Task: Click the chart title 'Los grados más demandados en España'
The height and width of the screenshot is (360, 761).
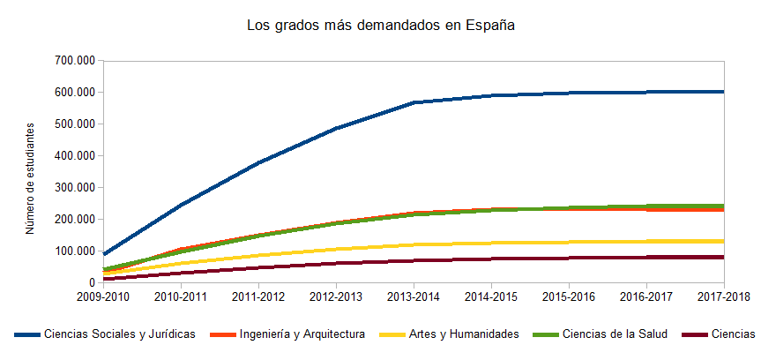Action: pyautogui.click(x=380, y=26)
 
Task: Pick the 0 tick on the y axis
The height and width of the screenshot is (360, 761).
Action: pyautogui.click(x=91, y=283)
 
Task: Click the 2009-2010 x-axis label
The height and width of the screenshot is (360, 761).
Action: pyautogui.click(x=103, y=297)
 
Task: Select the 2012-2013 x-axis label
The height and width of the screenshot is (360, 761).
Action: pyautogui.click(x=336, y=297)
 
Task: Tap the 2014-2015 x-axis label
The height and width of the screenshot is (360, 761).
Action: pyautogui.click(x=491, y=297)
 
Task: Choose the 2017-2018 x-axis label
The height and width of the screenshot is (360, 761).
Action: pyautogui.click(x=723, y=297)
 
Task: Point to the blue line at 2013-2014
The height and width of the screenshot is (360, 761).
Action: pyautogui.click(x=414, y=102)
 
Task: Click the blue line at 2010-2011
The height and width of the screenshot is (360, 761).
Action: pyautogui.click(x=181, y=205)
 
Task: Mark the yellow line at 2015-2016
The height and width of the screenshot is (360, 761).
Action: pyautogui.click(x=569, y=242)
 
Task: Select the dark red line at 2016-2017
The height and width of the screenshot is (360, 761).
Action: pyautogui.click(x=646, y=258)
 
